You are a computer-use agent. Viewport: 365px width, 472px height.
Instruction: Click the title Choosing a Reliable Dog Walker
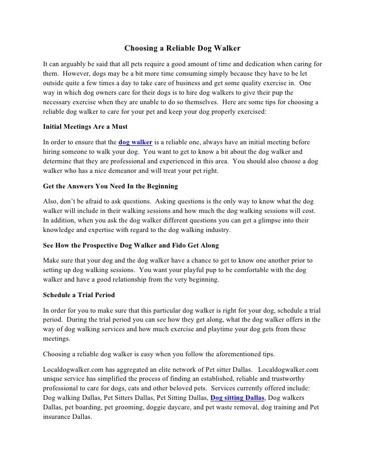(182, 49)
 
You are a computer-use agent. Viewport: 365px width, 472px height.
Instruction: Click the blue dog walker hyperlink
(135, 143)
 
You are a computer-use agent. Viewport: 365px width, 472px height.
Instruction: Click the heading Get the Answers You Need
(110, 186)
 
